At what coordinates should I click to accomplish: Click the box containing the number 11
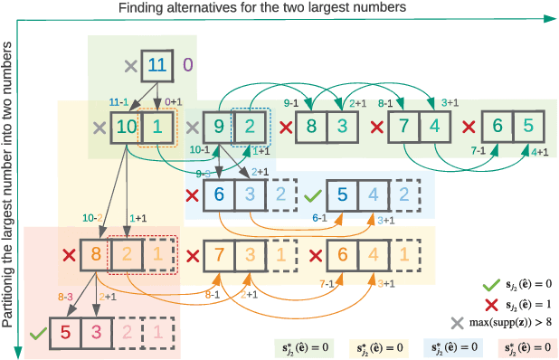156,65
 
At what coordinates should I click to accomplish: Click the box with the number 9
217,127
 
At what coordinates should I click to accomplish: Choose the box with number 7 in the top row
405,127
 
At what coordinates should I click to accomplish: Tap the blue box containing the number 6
220,194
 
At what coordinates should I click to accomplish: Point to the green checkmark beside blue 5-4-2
311,194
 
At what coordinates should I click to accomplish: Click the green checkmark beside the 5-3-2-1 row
36,334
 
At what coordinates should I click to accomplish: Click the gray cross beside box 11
128,65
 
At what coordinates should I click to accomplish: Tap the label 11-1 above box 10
118,103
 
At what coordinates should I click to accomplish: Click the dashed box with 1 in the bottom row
156,333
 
